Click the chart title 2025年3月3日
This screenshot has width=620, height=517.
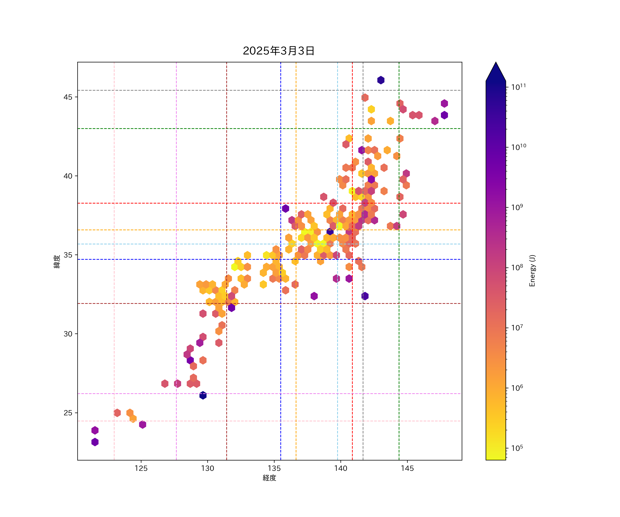click(278, 51)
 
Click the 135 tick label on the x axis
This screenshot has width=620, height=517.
click(274, 468)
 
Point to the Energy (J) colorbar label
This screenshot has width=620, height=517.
click(532, 271)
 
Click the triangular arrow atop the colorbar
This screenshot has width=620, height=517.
click(496, 72)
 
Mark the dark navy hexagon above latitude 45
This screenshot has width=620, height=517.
click(381, 80)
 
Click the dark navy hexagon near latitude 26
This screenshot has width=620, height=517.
click(203, 395)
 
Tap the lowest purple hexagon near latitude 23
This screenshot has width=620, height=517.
click(95, 442)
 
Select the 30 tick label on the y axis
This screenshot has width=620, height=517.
click(68, 334)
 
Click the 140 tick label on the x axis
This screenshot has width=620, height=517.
click(341, 468)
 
